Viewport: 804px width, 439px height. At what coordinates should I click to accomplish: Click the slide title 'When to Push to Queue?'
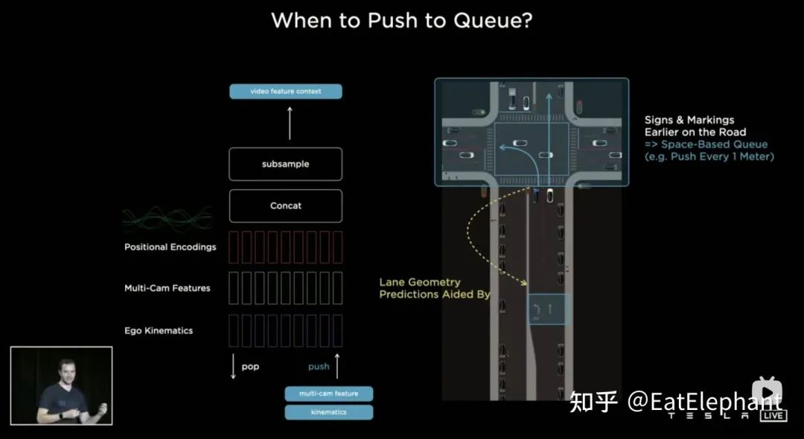tap(401, 20)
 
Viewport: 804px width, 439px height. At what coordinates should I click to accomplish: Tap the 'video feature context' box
tap(286, 92)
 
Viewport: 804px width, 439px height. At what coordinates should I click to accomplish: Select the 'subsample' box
tap(286, 164)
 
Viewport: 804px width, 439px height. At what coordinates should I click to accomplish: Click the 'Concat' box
tap(286, 206)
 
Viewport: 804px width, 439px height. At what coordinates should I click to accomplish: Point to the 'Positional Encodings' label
tap(170, 247)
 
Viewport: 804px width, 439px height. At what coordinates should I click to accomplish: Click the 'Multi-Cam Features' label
tap(167, 288)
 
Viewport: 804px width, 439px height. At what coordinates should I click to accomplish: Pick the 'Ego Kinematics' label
tap(158, 330)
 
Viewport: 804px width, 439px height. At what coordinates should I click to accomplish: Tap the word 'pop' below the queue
tap(250, 367)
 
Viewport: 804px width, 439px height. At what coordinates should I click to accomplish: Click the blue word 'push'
tap(319, 367)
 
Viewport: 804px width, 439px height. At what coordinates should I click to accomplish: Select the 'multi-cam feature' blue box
tap(328, 394)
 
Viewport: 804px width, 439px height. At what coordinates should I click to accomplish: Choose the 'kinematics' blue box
tap(328, 411)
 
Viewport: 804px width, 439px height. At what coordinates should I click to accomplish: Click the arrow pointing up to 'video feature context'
tap(290, 123)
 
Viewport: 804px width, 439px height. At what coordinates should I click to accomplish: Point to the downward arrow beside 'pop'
tap(233, 367)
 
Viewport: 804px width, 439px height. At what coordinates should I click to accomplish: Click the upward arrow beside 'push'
tap(336, 366)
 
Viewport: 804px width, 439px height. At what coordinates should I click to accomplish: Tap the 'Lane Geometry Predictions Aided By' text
tap(435, 289)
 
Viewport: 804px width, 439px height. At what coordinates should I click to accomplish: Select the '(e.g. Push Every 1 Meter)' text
tap(709, 157)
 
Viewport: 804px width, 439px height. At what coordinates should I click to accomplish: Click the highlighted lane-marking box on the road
tap(547, 309)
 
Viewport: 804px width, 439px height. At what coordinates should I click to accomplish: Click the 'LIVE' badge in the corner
tap(773, 416)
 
